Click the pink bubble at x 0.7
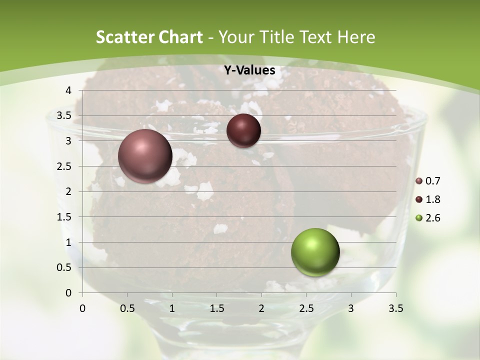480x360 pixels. [x=145, y=156]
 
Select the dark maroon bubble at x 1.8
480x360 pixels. [x=243, y=130]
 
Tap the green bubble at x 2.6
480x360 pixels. [x=315, y=252]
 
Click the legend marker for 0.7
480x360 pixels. [x=419, y=181]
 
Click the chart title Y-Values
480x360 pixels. [x=249, y=70]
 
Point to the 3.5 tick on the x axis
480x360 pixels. [x=395, y=308]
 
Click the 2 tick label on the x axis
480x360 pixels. [x=261, y=308]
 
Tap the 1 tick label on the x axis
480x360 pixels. [x=172, y=308]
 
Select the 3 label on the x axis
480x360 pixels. [x=351, y=308]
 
